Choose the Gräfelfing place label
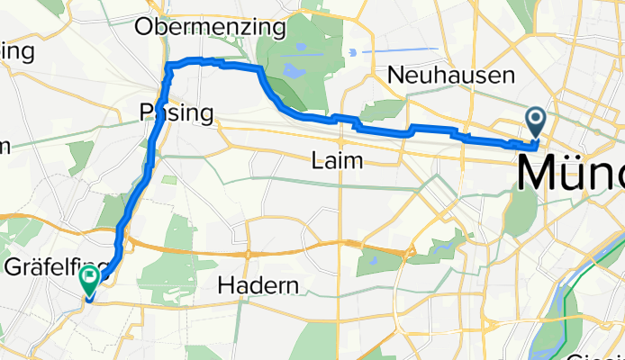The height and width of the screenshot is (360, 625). point(54,266)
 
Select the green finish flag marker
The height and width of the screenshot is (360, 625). point(90,279)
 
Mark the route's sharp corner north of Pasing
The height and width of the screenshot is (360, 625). point(168,65)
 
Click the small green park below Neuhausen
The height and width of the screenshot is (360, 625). point(383,111)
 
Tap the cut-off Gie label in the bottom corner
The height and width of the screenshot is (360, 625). point(603,354)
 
